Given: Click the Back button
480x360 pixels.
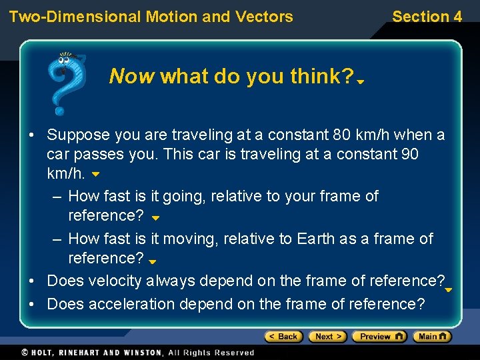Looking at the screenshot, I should (284, 337).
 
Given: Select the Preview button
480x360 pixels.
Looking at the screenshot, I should (379, 337).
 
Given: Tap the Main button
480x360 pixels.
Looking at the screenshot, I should (431, 337).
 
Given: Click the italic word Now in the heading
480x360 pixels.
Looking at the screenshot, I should (132, 77).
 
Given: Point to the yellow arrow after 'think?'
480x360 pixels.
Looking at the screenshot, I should (360, 82).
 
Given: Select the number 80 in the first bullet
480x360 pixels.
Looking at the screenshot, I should (341, 135).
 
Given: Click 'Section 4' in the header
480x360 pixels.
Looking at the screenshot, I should (427, 17).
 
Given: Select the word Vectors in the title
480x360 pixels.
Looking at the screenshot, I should (265, 17).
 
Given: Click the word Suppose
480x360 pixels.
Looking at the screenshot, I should (78, 135).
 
